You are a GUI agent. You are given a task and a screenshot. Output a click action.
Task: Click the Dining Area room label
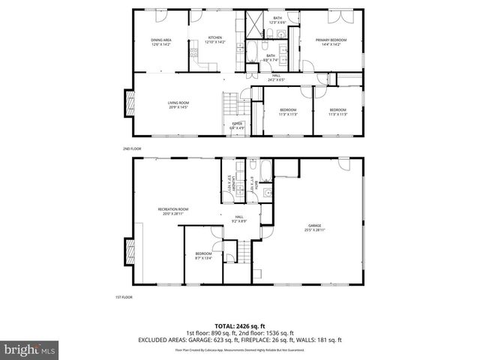pos(160,42)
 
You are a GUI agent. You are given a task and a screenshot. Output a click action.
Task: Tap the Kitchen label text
pos(215,40)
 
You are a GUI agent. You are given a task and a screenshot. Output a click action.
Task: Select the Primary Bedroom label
pos(330,42)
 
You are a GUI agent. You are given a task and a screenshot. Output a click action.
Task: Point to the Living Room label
pos(178,105)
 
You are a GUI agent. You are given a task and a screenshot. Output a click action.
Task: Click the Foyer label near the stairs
pos(237,125)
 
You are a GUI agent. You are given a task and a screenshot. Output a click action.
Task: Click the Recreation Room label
pos(172,211)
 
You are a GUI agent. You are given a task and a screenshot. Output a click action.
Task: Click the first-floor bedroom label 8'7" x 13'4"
pos(203,256)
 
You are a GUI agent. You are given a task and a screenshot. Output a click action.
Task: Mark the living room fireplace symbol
pos(129,103)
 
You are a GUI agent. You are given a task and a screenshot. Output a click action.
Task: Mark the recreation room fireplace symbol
pos(130,249)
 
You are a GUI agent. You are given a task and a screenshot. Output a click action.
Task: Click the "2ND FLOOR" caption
pos(131,149)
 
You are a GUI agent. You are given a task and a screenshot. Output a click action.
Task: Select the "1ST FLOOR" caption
pos(124,298)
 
